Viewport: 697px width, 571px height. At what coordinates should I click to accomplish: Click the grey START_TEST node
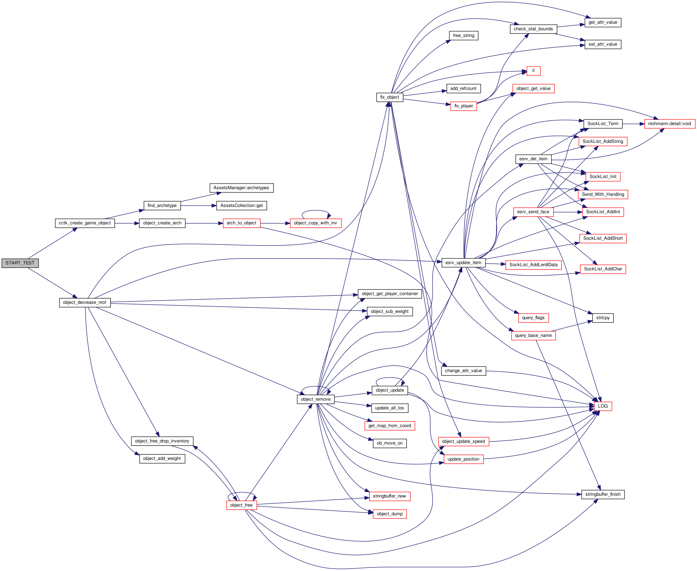pyautogui.click(x=20, y=263)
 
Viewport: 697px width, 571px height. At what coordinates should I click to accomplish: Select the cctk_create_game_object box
pyautogui.click(x=85, y=223)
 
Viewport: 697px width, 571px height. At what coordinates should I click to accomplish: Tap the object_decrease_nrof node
pyautogui.click(x=85, y=303)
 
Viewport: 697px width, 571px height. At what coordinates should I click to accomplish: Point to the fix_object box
pyautogui.click(x=389, y=98)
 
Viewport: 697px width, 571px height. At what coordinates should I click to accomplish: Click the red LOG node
pyautogui.click(x=603, y=406)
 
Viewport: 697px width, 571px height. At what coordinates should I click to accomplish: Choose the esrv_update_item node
pyautogui.click(x=463, y=263)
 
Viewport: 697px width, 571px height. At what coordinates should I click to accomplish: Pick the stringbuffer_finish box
pyautogui.click(x=603, y=494)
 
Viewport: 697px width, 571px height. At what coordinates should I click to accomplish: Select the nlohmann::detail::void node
pyautogui.click(x=669, y=124)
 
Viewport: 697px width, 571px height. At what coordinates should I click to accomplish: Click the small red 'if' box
pyautogui.click(x=533, y=71)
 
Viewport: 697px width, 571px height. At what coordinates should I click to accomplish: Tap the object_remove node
pyautogui.click(x=316, y=399)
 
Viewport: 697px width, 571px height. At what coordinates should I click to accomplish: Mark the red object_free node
pyautogui.click(x=241, y=505)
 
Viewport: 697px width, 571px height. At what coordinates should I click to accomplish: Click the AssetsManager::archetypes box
pyautogui.click(x=241, y=188)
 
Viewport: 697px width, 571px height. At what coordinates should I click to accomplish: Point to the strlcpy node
pyautogui.click(x=603, y=318)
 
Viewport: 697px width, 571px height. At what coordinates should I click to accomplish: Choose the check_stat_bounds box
pyautogui.click(x=533, y=29)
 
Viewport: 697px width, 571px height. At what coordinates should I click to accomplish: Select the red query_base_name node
pyautogui.click(x=533, y=335)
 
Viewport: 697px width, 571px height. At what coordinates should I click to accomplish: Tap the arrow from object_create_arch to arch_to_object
pyautogui.click(x=204, y=223)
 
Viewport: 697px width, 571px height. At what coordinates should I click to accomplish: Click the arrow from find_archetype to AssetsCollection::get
pyautogui.click(x=199, y=206)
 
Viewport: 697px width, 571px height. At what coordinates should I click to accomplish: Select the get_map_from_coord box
pyautogui.click(x=389, y=426)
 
